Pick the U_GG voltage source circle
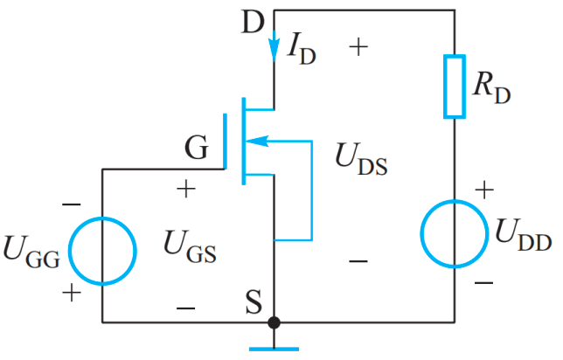[x=102, y=251]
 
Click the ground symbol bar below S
[x=274, y=349]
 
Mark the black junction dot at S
[x=274, y=322]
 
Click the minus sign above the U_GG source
[x=71, y=204]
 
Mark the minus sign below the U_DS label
[x=358, y=260]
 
